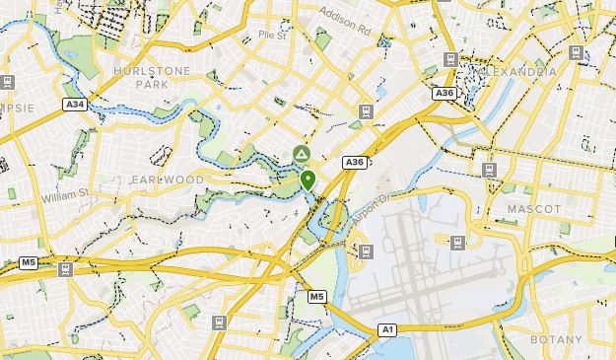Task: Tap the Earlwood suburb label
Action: click(168, 180)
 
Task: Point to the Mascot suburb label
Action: click(533, 209)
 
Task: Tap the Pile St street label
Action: click(271, 35)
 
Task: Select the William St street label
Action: click(65, 196)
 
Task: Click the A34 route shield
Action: click(74, 104)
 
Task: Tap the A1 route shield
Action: click(388, 329)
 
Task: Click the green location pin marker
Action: click(308, 180)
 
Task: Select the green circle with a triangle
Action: click(301, 155)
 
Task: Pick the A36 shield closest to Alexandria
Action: click(445, 93)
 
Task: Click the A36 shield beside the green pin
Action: click(354, 162)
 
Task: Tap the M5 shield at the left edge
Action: click(29, 262)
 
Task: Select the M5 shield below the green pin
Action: click(316, 296)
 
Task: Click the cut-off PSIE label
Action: click(17, 108)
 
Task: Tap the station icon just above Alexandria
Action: click(450, 58)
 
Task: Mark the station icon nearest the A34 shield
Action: click(8, 82)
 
